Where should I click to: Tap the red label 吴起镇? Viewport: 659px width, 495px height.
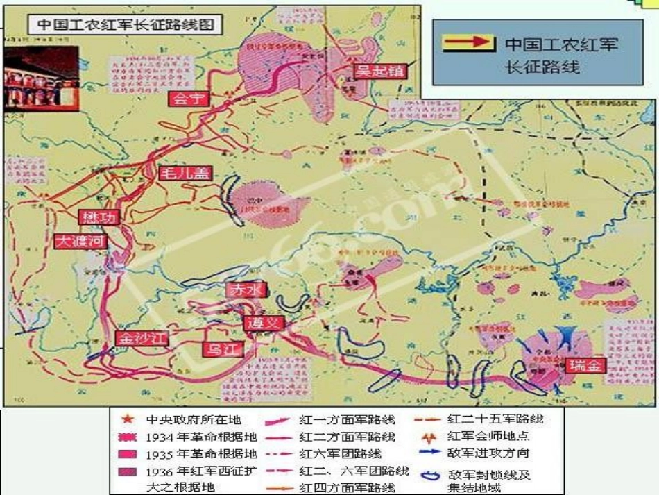[x=378, y=71]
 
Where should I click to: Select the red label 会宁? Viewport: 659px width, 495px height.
[x=188, y=98]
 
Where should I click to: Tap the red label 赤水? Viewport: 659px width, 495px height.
[x=246, y=290]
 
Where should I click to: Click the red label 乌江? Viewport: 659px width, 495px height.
[x=223, y=349]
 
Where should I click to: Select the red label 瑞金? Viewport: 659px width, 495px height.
[x=584, y=366]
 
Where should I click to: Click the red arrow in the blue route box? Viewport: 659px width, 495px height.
[x=469, y=43]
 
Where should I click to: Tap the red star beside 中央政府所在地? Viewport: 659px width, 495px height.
[x=127, y=419]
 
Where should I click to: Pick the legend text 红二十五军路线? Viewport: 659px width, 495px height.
[x=495, y=419]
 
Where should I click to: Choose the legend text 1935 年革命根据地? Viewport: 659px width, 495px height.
[x=201, y=454]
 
